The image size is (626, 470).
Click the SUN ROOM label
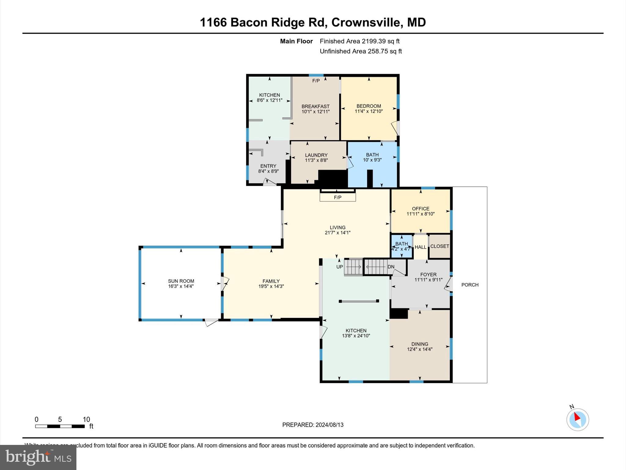(x=181, y=281)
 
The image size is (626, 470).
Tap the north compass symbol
(x=577, y=420)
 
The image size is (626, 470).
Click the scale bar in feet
(x=60, y=426)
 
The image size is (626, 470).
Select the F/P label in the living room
(x=337, y=197)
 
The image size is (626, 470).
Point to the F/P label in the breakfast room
(x=316, y=81)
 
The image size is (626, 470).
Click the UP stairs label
(x=339, y=267)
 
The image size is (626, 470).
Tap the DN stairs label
(x=391, y=267)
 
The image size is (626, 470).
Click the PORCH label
(x=470, y=285)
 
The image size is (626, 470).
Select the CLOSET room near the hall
(x=440, y=246)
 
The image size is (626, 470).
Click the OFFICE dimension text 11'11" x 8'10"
(x=421, y=214)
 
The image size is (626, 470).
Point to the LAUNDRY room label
(x=316, y=155)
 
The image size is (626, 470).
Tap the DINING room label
(x=420, y=344)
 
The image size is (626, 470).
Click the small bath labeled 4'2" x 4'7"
(x=402, y=246)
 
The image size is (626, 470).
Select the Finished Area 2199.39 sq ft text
(x=359, y=41)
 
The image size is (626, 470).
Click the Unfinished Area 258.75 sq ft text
(x=361, y=51)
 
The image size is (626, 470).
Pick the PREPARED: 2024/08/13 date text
(x=313, y=425)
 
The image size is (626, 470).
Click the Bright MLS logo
(x=38, y=457)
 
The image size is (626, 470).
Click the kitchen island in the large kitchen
(x=359, y=301)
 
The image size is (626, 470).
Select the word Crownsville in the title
(x=366, y=22)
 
